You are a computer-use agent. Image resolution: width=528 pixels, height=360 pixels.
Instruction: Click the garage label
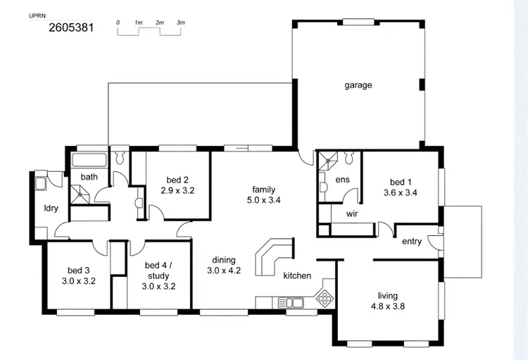[x=358, y=85]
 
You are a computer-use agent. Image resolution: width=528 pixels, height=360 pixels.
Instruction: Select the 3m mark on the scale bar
[x=181, y=23]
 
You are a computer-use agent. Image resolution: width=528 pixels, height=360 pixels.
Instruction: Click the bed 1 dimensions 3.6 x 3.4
[x=401, y=192]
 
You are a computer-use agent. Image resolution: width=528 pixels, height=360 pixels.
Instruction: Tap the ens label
[x=342, y=180]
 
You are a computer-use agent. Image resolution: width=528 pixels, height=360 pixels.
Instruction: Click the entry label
[x=412, y=242]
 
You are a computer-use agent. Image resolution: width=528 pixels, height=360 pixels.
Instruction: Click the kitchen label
[x=297, y=275]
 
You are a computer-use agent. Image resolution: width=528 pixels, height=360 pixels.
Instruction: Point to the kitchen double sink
[x=291, y=303]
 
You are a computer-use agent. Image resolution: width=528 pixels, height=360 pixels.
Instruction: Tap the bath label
[x=89, y=177]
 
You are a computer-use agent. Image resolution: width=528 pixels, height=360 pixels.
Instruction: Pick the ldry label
[x=51, y=208]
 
